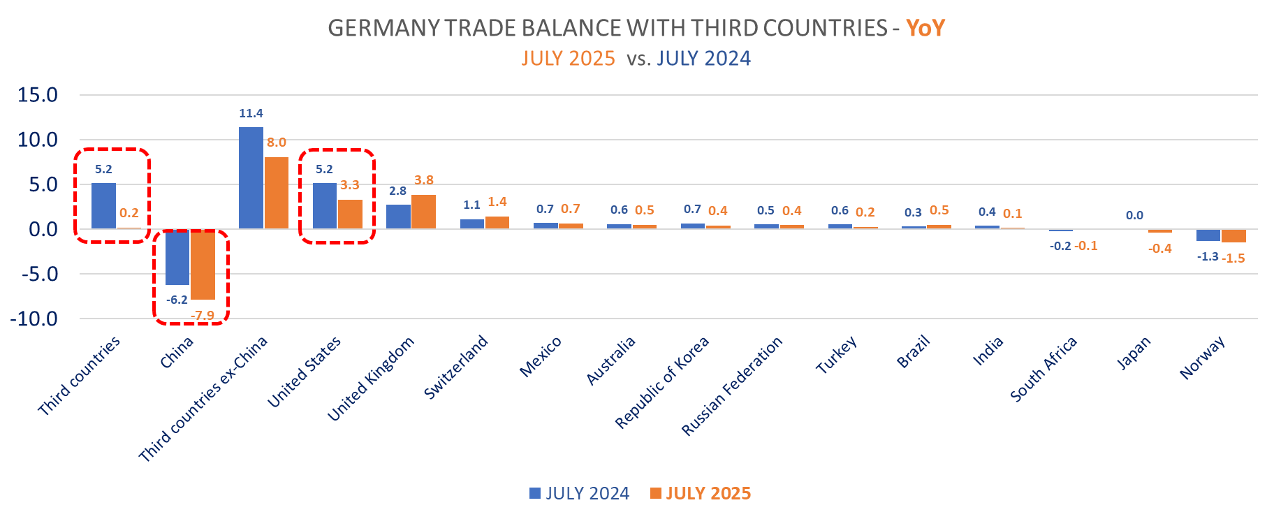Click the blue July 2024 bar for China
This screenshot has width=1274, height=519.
[x=177, y=257]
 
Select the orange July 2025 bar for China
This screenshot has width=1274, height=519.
[x=203, y=265]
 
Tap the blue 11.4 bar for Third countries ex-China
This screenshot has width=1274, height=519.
[x=251, y=178]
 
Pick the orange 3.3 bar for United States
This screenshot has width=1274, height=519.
[x=350, y=214]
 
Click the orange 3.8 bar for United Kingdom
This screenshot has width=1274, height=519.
[x=424, y=212]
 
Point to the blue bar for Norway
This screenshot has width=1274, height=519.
[x=1208, y=235]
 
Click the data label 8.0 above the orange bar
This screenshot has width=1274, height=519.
[x=277, y=142]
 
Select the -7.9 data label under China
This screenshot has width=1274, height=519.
[x=203, y=316]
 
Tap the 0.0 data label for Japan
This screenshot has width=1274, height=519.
[x=1134, y=216]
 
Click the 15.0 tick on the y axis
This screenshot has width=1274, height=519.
[x=38, y=95]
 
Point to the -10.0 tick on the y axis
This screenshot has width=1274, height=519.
[x=34, y=319]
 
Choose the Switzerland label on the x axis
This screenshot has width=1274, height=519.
[x=456, y=367]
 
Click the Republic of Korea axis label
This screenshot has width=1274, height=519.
[x=662, y=382]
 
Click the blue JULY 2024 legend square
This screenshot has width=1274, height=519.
[x=535, y=493]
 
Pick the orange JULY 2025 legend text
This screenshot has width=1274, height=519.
[x=708, y=493]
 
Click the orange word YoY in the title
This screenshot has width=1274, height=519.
[x=925, y=28]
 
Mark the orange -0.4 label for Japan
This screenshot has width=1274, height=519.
[x=1160, y=249]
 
